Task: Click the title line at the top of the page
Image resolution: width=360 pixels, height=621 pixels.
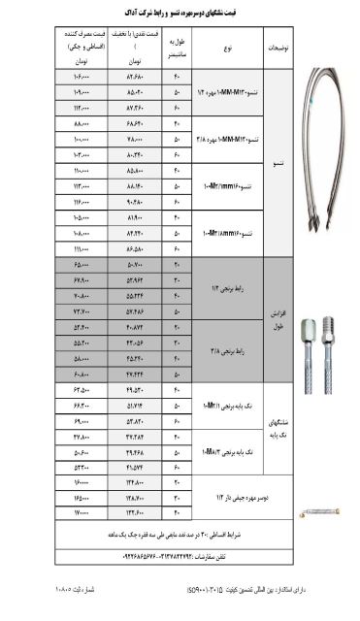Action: (x=180, y=12)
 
